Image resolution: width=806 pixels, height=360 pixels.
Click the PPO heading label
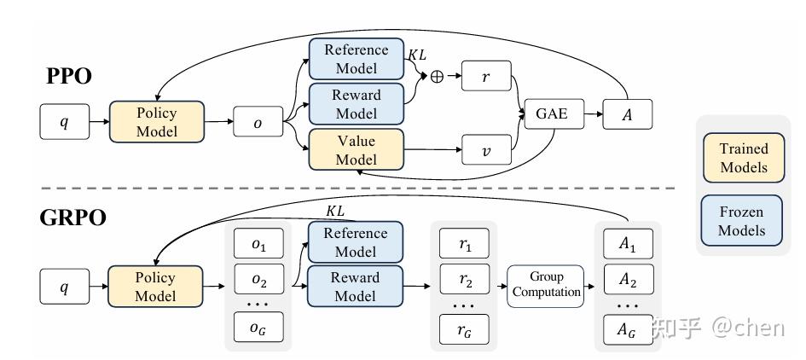click(x=69, y=77)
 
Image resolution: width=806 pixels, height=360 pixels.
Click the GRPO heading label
click(x=72, y=218)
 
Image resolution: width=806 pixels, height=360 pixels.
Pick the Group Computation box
click(x=546, y=286)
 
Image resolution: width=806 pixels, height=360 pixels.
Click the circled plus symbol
click(x=437, y=76)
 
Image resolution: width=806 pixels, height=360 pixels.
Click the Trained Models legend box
click(x=743, y=158)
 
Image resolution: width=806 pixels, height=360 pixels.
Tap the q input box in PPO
click(x=64, y=122)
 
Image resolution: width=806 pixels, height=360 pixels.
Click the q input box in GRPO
click(x=64, y=287)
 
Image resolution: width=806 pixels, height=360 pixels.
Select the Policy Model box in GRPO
click(x=156, y=287)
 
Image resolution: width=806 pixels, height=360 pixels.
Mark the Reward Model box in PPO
click(x=356, y=104)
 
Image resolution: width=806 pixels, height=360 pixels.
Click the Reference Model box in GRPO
click(x=356, y=242)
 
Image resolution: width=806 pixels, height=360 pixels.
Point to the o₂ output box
click(x=258, y=282)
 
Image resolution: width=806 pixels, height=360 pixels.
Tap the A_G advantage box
click(x=627, y=330)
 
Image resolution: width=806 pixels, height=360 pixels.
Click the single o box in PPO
click(x=258, y=122)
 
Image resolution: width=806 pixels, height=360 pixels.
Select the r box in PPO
click(x=485, y=76)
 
